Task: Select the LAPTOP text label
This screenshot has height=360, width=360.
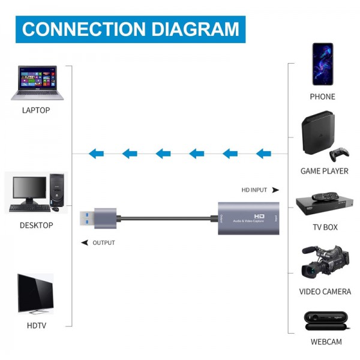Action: (35, 110)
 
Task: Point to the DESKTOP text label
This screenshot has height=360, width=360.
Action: (35, 226)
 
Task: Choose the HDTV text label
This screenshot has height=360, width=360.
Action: (35, 326)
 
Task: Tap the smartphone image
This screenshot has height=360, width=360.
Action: (322, 64)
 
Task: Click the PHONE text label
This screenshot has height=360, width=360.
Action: (322, 97)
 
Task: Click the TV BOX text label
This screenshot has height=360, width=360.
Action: (325, 227)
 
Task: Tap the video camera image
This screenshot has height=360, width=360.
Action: (325, 262)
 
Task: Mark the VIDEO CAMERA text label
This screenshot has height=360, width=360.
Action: (325, 292)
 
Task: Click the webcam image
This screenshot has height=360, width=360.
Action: (325, 320)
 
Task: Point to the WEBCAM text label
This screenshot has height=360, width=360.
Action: (325, 342)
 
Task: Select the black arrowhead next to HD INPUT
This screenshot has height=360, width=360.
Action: (275, 190)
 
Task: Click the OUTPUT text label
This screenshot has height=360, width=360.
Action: (103, 243)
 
